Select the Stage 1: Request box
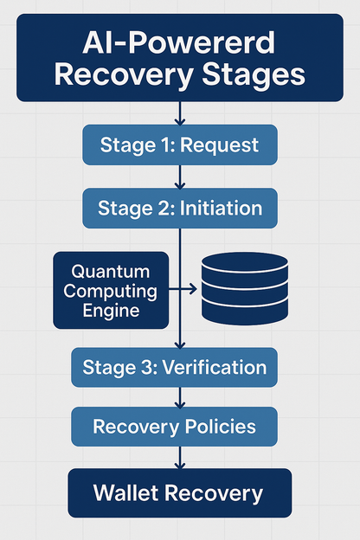tap(179, 145)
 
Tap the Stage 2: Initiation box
tap(180, 209)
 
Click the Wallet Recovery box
tap(178, 494)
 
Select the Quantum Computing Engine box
tap(110, 290)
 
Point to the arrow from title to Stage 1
tap(179, 113)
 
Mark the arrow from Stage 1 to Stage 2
tap(179, 177)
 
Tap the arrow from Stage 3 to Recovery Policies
tap(179, 397)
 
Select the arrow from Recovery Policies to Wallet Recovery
tap(179, 459)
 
